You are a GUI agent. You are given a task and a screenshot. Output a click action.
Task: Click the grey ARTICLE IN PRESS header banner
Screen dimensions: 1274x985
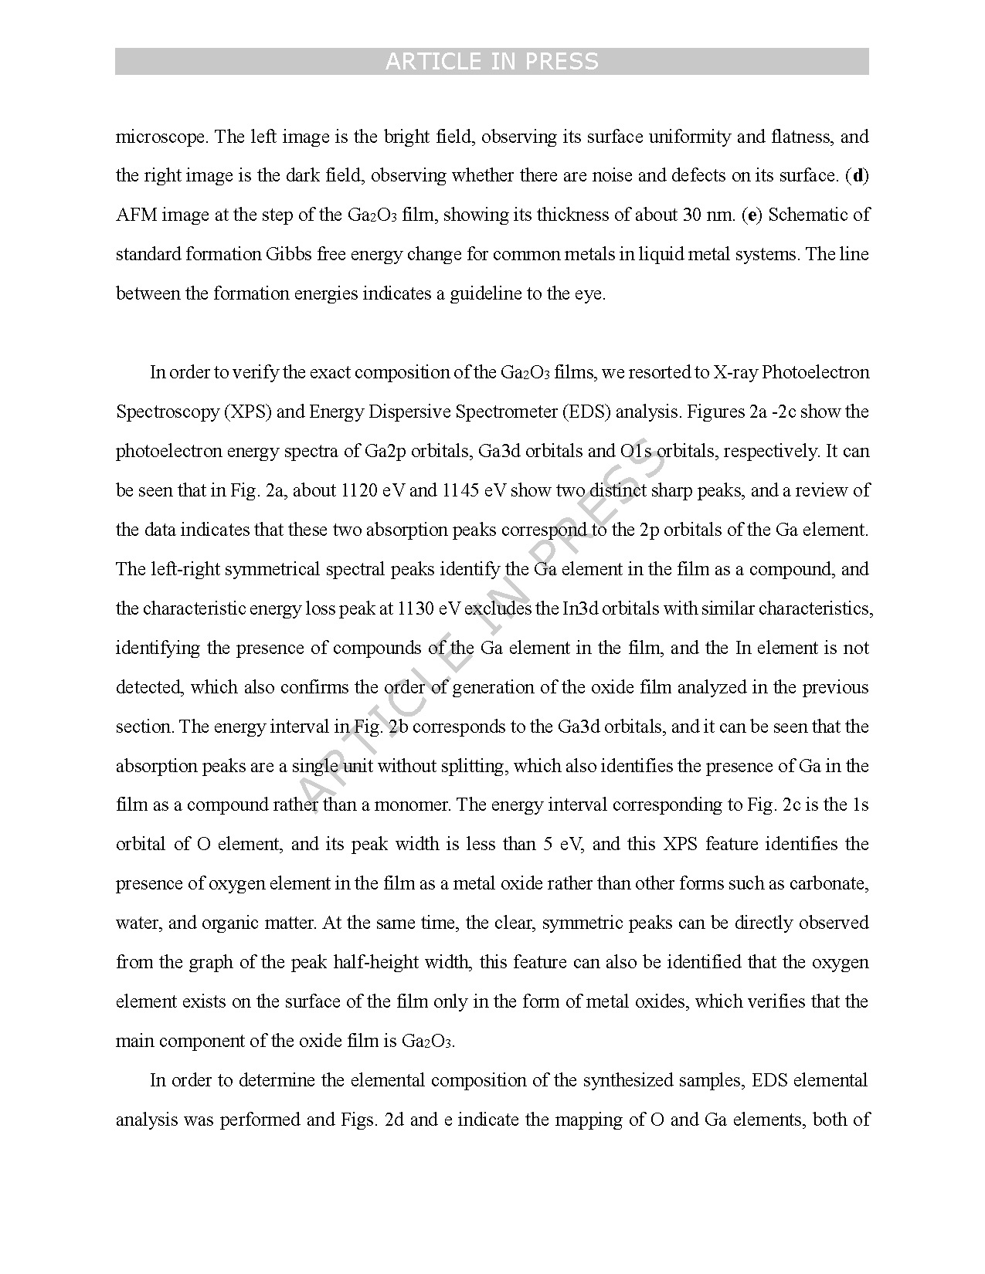coord(491,62)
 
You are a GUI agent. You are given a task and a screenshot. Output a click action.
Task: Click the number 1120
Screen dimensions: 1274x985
coord(358,491)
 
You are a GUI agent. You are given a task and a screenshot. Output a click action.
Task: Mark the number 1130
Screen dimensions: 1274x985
coord(416,608)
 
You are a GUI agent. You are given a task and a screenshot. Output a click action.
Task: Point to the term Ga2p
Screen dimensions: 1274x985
coord(385,452)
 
